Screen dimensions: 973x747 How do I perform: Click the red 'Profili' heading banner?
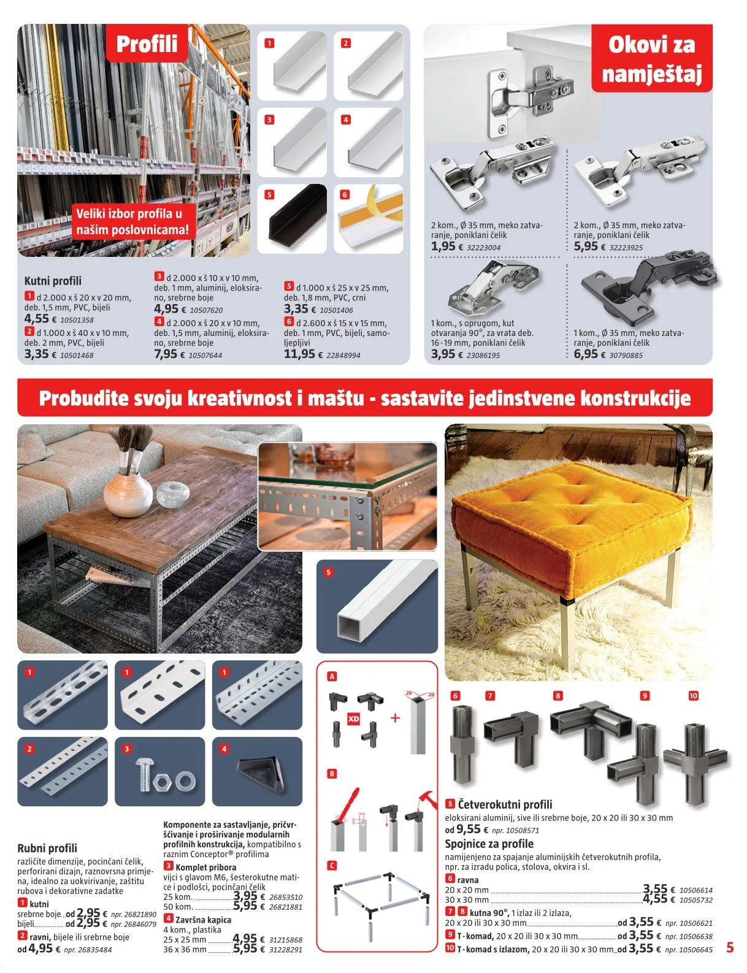click(147, 44)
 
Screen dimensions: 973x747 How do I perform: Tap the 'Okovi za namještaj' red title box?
click(651, 59)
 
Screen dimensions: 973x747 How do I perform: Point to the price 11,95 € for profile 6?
click(299, 354)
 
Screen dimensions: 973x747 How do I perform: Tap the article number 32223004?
click(483, 248)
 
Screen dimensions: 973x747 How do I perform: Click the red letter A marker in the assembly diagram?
click(332, 676)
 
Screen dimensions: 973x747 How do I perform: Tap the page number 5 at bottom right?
click(729, 947)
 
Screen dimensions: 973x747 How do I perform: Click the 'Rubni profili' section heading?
click(47, 848)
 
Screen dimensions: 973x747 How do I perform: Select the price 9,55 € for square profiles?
click(469, 829)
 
